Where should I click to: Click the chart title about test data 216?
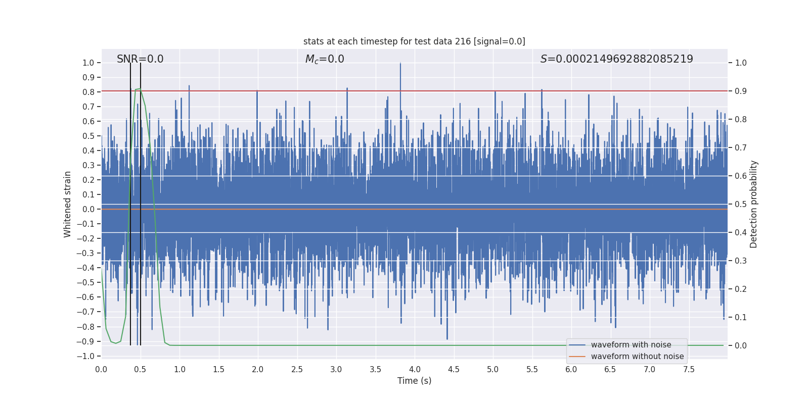(414, 41)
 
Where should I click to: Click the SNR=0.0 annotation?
(140, 59)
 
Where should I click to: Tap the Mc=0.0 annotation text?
(325, 59)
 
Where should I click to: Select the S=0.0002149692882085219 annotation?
(616, 59)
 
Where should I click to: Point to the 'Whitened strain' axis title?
(68, 204)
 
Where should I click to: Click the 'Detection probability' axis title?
(754, 204)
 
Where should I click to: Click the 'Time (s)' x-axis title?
(414, 381)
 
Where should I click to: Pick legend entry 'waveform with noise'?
(631, 345)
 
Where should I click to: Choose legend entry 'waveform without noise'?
(637, 357)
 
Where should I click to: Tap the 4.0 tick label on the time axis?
(415, 370)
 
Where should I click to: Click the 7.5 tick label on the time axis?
(689, 370)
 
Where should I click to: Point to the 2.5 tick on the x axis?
(297, 370)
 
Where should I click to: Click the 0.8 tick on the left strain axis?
(88, 92)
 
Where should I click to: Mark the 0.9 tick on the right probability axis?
(741, 91)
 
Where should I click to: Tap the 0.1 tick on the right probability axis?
(741, 317)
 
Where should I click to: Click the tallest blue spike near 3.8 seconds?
(400, 64)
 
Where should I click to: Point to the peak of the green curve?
(138, 89)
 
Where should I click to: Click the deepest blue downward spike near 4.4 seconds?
(447, 338)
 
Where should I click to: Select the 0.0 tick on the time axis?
(101, 370)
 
